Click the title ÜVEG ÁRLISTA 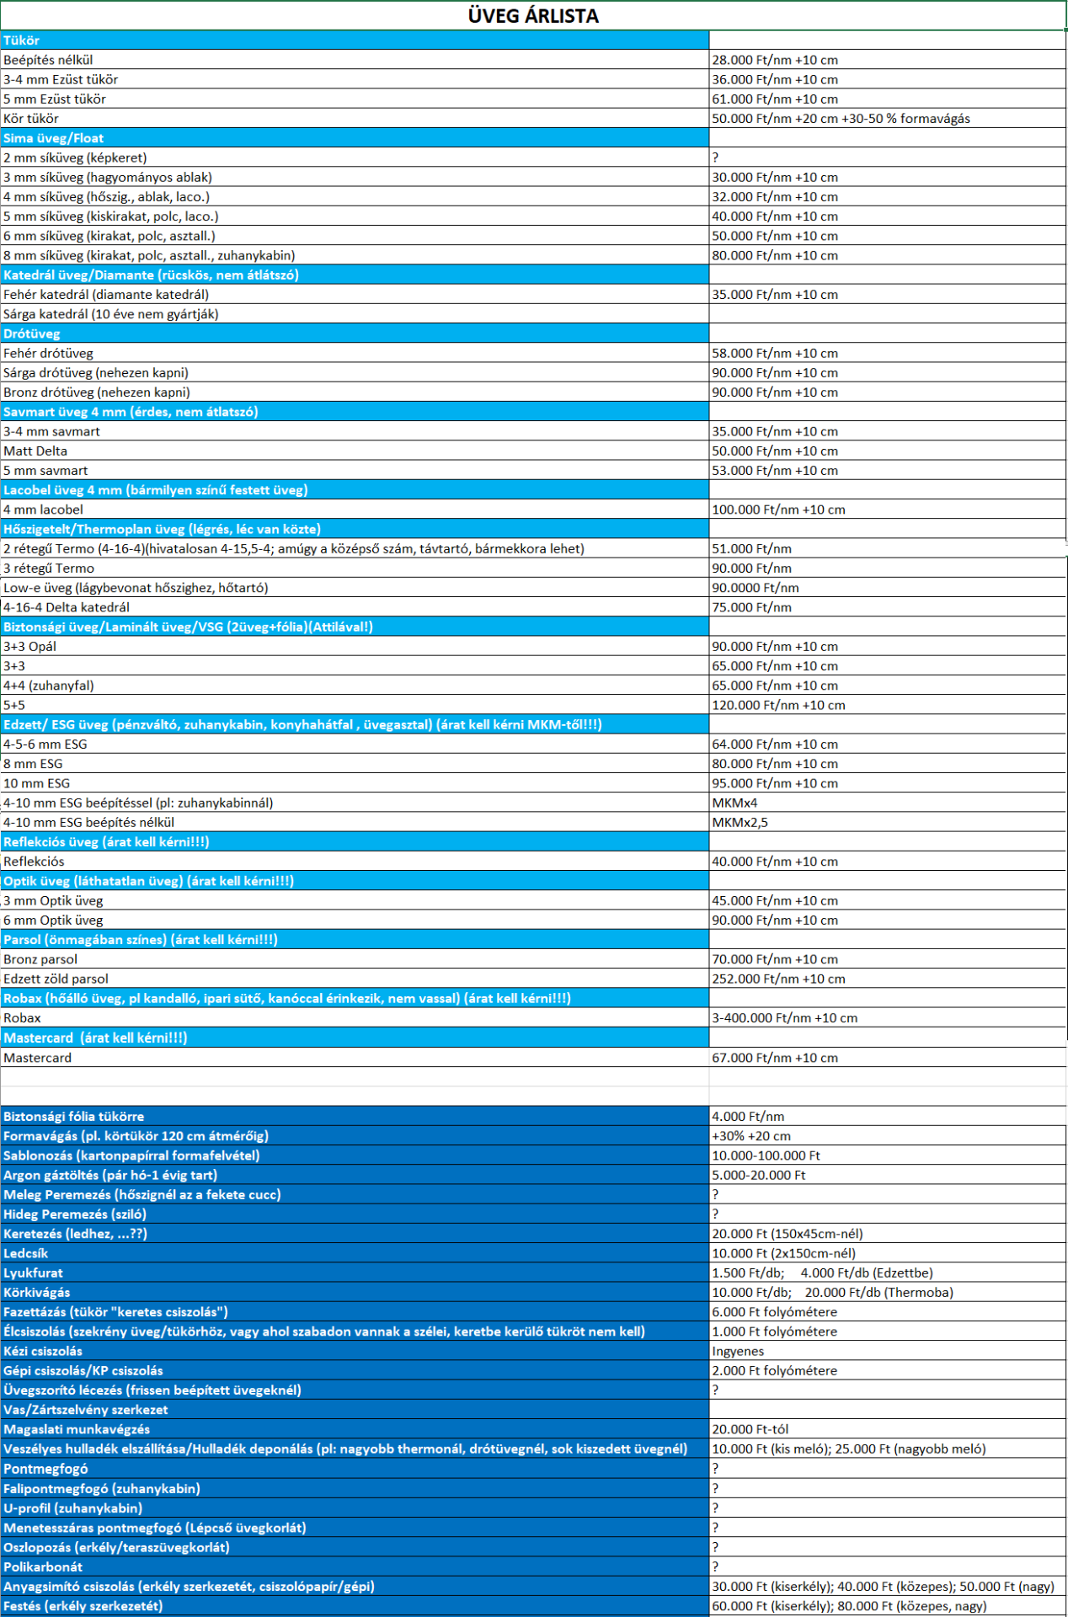[x=533, y=16]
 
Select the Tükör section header [x=22, y=40]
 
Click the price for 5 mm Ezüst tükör [x=775, y=99]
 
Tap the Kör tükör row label [x=31, y=119]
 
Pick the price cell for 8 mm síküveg [x=775, y=256]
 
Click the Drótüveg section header [x=32, y=334]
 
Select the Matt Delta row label [x=35, y=451]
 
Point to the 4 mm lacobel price [x=778, y=510]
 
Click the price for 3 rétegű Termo [x=751, y=568]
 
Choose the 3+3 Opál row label [x=30, y=647]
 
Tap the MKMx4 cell [x=734, y=803]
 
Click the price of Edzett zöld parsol [x=778, y=979]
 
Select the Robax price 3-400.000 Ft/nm [x=784, y=1018]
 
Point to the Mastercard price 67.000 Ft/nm [x=775, y=1059]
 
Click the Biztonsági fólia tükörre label [x=74, y=1117]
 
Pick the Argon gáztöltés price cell [x=758, y=1176]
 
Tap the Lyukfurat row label [x=34, y=1273]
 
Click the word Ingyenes [x=738, y=1352]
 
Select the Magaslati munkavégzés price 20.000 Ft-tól [x=750, y=1430]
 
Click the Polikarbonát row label [x=43, y=1567]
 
